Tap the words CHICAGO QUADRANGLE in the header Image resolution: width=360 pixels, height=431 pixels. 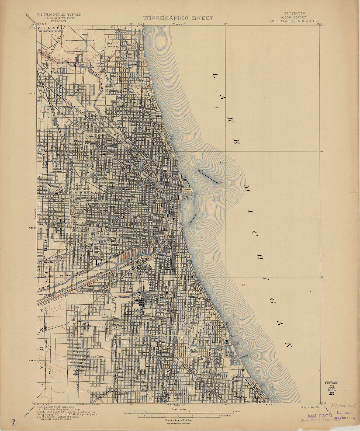tap(295, 21)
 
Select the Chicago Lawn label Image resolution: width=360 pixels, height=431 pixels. tap(94, 356)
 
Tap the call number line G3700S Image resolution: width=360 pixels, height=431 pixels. tap(331, 383)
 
